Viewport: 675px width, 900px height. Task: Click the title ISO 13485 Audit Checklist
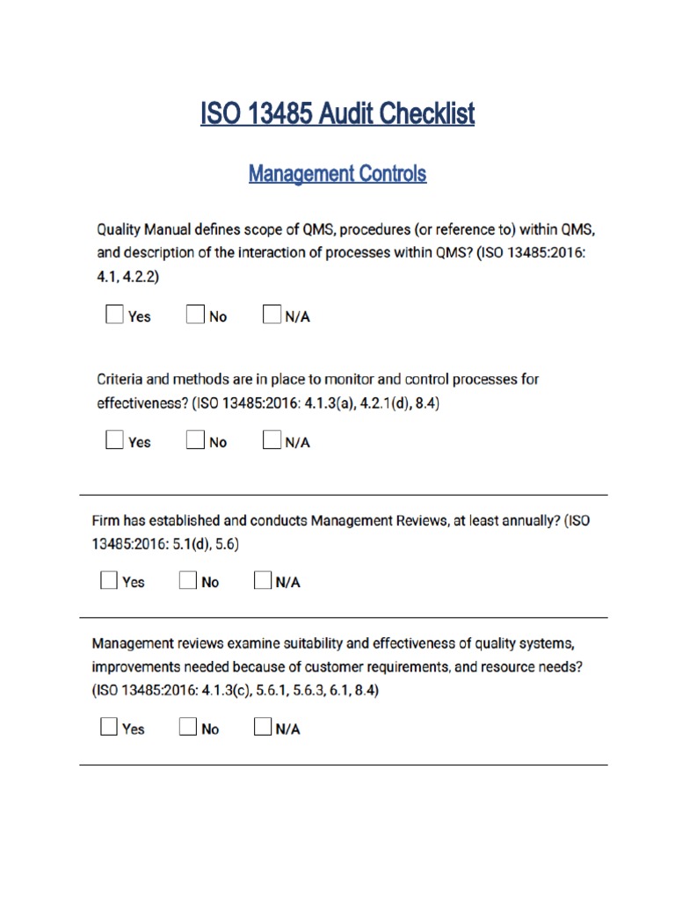pos(337,113)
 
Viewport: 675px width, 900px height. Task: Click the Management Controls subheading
pos(337,173)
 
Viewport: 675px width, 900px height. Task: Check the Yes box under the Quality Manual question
pos(114,315)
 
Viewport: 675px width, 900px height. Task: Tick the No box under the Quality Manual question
pos(195,315)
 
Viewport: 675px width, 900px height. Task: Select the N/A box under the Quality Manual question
pos(272,315)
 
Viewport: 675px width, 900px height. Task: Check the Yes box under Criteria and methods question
pos(114,440)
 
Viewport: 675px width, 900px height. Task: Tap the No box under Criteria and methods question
pos(195,440)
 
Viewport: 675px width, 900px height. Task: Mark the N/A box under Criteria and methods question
pos(272,440)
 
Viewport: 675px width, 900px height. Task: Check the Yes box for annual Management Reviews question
pos(108,580)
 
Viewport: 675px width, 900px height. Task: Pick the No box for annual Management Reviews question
pos(187,580)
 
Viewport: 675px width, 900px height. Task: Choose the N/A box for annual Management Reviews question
pos(263,580)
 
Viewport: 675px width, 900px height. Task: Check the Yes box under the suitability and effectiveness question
pos(108,727)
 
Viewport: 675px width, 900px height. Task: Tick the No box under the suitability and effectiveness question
pos(187,727)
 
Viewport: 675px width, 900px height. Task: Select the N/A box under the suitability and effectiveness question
pos(263,727)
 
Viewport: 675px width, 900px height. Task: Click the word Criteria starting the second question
pos(120,380)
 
